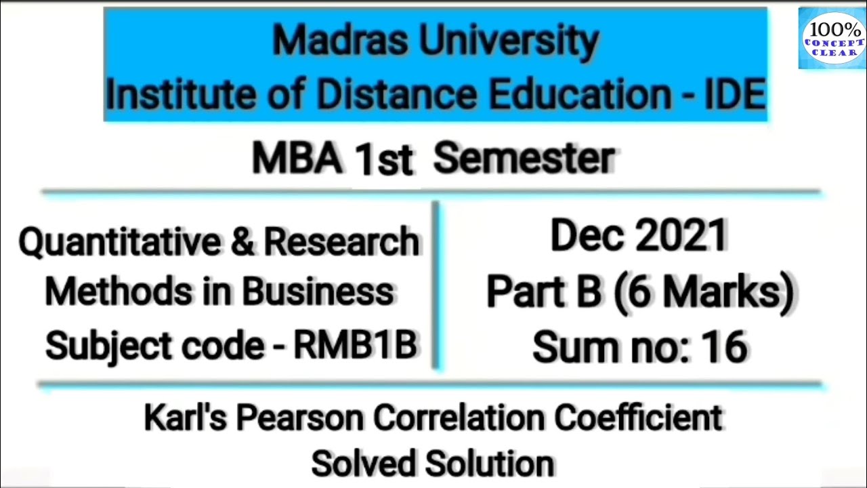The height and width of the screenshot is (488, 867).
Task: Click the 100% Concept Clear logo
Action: tap(832, 38)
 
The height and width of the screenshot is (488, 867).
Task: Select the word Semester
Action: tap(524, 159)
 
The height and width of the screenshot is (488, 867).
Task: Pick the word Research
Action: tap(341, 242)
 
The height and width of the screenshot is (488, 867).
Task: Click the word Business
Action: tap(318, 292)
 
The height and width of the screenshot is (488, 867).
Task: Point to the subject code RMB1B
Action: tap(354, 346)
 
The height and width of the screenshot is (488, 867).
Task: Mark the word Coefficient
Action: tap(637, 418)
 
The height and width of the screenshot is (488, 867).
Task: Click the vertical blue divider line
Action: tap(436, 285)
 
